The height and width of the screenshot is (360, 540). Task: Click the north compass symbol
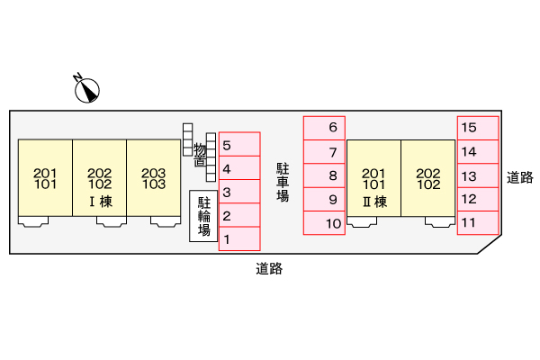pyautogui.click(x=86, y=90)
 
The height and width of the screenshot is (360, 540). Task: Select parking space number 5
pyautogui.click(x=239, y=144)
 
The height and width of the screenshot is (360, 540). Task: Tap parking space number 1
pyautogui.click(x=239, y=238)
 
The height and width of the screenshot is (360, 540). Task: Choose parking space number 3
pyautogui.click(x=239, y=191)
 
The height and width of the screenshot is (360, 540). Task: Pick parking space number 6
pyautogui.click(x=324, y=128)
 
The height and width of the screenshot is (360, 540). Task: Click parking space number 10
pyautogui.click(x=324, y=223)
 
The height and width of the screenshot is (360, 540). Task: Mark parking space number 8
pyautogui.click(x=324, y=175)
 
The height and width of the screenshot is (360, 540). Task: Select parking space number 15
pyautogui.click(x=478, y=128)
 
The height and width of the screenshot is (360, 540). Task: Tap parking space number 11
pyautogui.click(x=478, y=223)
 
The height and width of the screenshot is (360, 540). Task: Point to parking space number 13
pyautogui.click(x=478, y=175)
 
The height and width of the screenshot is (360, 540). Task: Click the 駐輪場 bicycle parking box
pyautogui.click(x=203, y=216)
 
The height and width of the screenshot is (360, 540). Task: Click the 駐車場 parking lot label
pyautogui.click(x=283, y=182)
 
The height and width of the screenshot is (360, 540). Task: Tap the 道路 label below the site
pyautogui.click(x=269, y=269)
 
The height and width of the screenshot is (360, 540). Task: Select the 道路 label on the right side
pyautogui.click(x=519, y=177)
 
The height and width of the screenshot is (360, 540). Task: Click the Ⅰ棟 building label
pyautogui.click(x=101, y=202)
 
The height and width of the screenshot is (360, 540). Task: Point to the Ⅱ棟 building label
pyautogui.click(x=374, y=202)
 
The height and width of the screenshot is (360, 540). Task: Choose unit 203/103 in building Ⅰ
pyautogui.click(x=154, y=178)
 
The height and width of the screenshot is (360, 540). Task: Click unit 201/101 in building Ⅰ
pyautogui.click(x=45, y=178)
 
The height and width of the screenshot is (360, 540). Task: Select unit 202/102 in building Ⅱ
pyautogui.click(x=428, y=178)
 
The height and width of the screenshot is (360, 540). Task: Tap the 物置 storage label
pyautogui.click(x=200, y=155)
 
